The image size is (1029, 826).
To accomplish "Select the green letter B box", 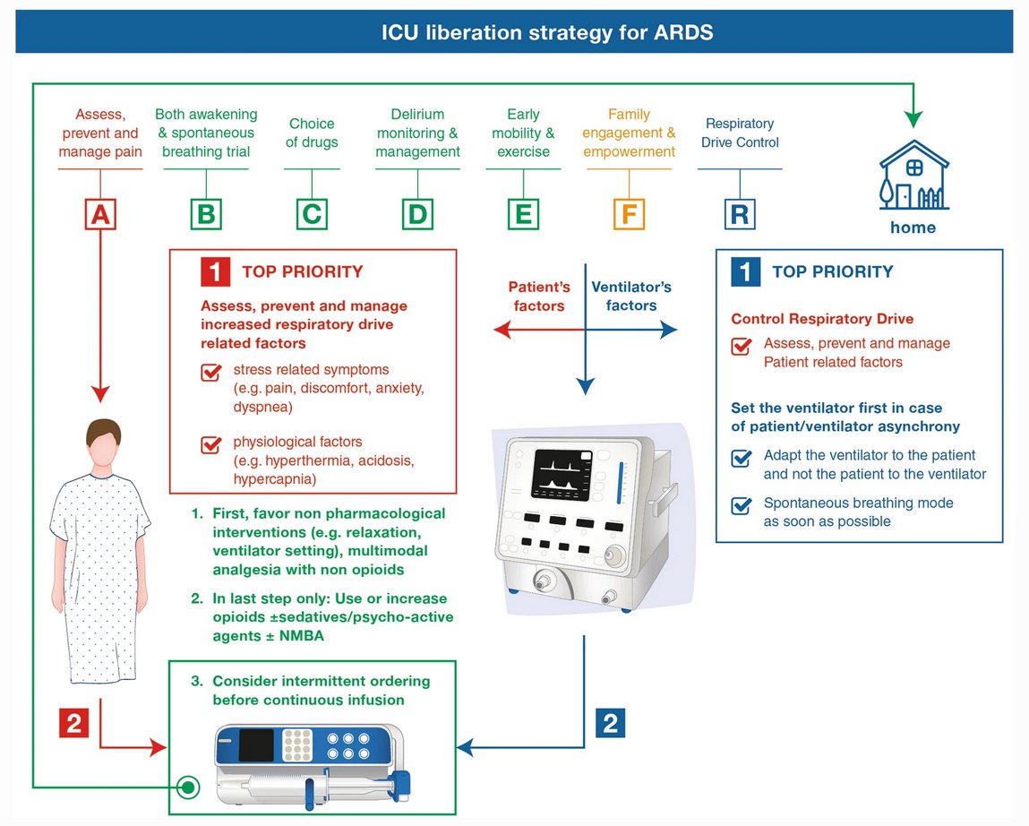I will pos(206,215).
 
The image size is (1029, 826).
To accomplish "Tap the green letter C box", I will pos(312,215).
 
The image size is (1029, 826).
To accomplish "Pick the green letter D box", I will pos(417,215).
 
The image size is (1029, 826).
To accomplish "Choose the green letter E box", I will pos(523,215).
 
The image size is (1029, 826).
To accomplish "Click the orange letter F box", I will pos(629,215).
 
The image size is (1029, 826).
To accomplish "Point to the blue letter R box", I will pos(739,215).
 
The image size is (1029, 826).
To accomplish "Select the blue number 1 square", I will pos(745,271).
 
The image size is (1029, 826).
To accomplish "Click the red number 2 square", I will pos(74,723).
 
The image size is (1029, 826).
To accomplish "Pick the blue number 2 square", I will pos(610,723).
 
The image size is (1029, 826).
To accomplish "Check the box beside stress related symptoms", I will pos(211,372).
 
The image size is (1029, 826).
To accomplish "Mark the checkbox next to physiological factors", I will pos(211,444).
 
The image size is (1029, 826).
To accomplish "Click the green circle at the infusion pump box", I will pos(188,787).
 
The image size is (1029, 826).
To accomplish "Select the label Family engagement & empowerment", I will pos(629,133).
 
